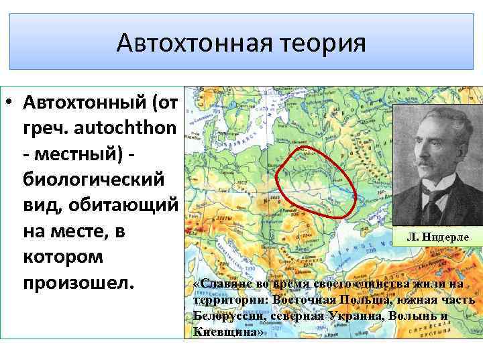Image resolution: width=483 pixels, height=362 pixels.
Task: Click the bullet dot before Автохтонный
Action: point(11,105)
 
